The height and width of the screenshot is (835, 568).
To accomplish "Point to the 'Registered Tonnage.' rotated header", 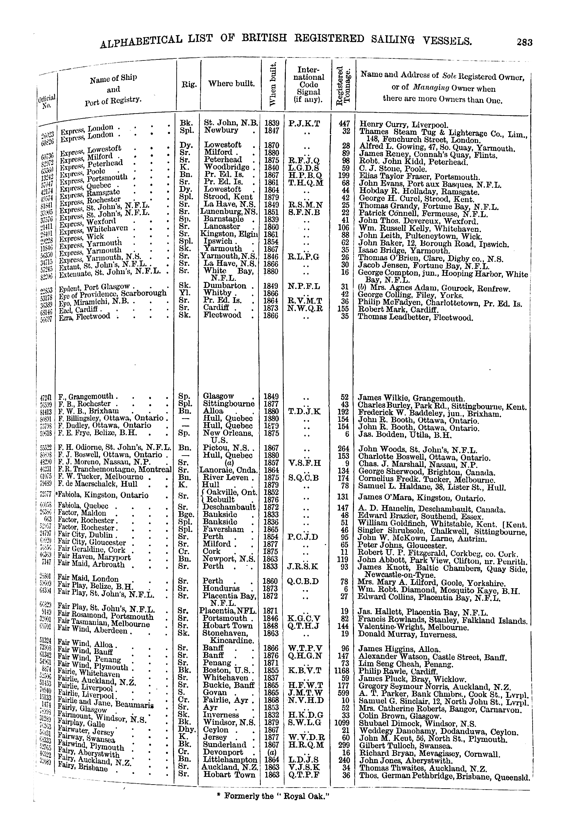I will tap(343, 86).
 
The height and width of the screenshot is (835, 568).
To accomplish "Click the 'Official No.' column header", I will tap(47, 102).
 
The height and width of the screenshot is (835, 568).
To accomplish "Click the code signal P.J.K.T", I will tap(304, 124).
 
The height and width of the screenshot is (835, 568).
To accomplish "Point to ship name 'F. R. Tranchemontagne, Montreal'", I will tap(115, 470).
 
